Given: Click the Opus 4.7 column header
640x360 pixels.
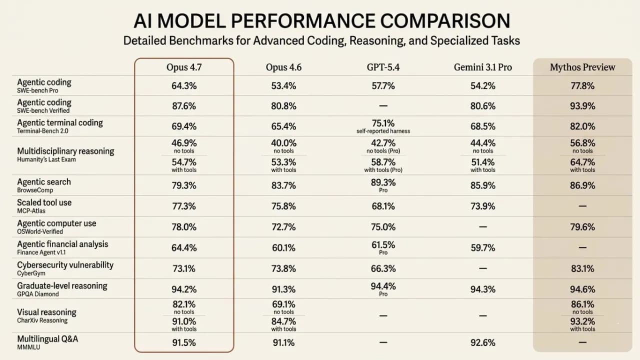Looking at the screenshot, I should pyautogui.click(x=183, y=67).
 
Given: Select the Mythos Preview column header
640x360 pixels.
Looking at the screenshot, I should pyautogui.click(x=582, y=67).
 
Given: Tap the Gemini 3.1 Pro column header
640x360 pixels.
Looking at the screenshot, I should pyautogui.click(x=482, y=67).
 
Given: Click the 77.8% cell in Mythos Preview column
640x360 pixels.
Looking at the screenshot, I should pyautogui.click(x=582, y=86).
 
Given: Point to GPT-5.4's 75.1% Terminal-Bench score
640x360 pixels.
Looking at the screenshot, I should pyautogui.click(x=383, y=123).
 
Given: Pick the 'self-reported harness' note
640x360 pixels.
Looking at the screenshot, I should pyautogui.click(x=383, y=131).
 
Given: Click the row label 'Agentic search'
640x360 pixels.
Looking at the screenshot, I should pyautogui.click(x=44, y=182).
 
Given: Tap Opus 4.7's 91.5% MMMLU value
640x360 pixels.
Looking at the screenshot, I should pyautogui.click(x=183, y=343).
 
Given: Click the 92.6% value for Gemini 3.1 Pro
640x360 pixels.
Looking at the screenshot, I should pyautogui.click(x=482, y=343).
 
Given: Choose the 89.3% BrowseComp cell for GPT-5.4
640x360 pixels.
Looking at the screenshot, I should pyautogui.click(x=383, y=182).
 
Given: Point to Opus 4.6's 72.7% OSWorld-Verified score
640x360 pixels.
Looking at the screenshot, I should pyautogui.click(x=283, y=227).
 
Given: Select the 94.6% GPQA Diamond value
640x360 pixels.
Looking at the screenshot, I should pyautogui.click(x=582, y=289).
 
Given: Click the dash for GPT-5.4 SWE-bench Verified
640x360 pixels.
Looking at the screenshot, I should pyautogui.click(x=383, y=106).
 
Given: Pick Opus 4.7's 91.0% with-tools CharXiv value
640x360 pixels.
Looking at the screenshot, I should pyautogui.click(x=183, y=321).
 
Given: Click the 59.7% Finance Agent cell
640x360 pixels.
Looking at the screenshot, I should pyautogui.click(x=482, y=248).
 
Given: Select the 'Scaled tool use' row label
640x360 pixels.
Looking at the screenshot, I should pyautogui.click(x=44, y=202).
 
